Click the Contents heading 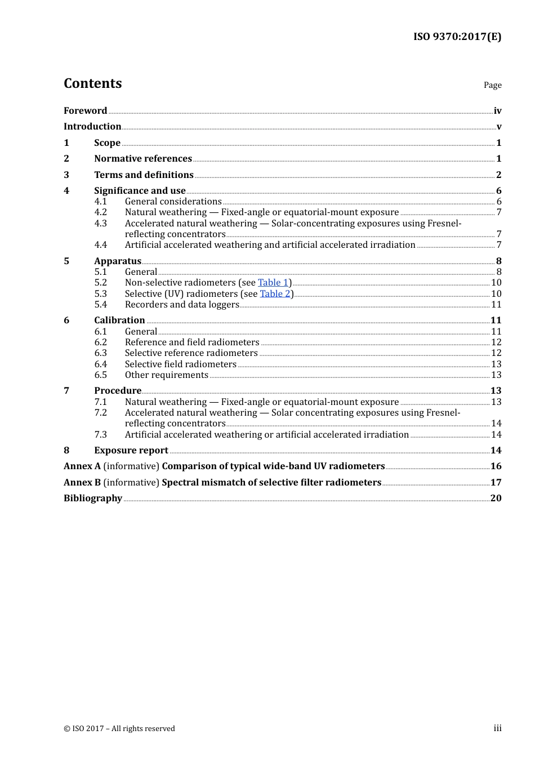(92, 83)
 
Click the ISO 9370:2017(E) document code (457, 37)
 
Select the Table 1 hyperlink (273, 283)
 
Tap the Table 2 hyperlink (275, 293)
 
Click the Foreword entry (85, 111)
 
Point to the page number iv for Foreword (497, 111)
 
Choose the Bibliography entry (92, 498)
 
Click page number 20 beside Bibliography (496, 498)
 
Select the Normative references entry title (143, 159)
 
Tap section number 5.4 (100, 305)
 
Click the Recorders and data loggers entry (182, 305)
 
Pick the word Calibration (119, 320)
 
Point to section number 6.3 (100, 353)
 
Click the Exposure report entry (131, 451)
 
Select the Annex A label (82, 466)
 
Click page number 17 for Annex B (496, 483)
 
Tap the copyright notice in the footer (119, 729)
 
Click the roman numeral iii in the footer (497, 728)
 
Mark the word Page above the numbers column (492, 85)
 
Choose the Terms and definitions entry (144, 175)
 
